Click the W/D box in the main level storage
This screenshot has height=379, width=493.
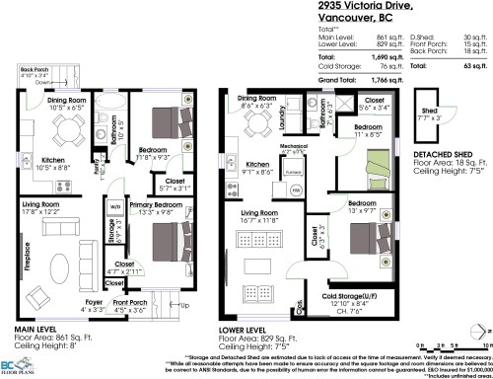tap(114, 207)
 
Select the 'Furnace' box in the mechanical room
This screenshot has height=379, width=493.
tap(293, 171)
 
